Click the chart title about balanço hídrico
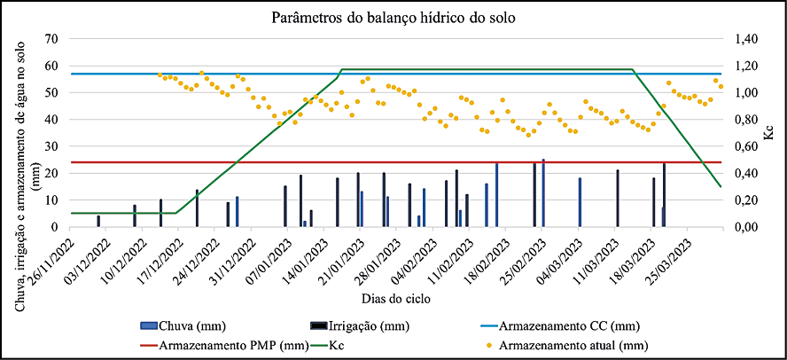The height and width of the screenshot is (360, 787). point(394,17)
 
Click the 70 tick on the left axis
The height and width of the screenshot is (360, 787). point(51,39)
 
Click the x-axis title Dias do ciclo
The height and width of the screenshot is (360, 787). point(394,299)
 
